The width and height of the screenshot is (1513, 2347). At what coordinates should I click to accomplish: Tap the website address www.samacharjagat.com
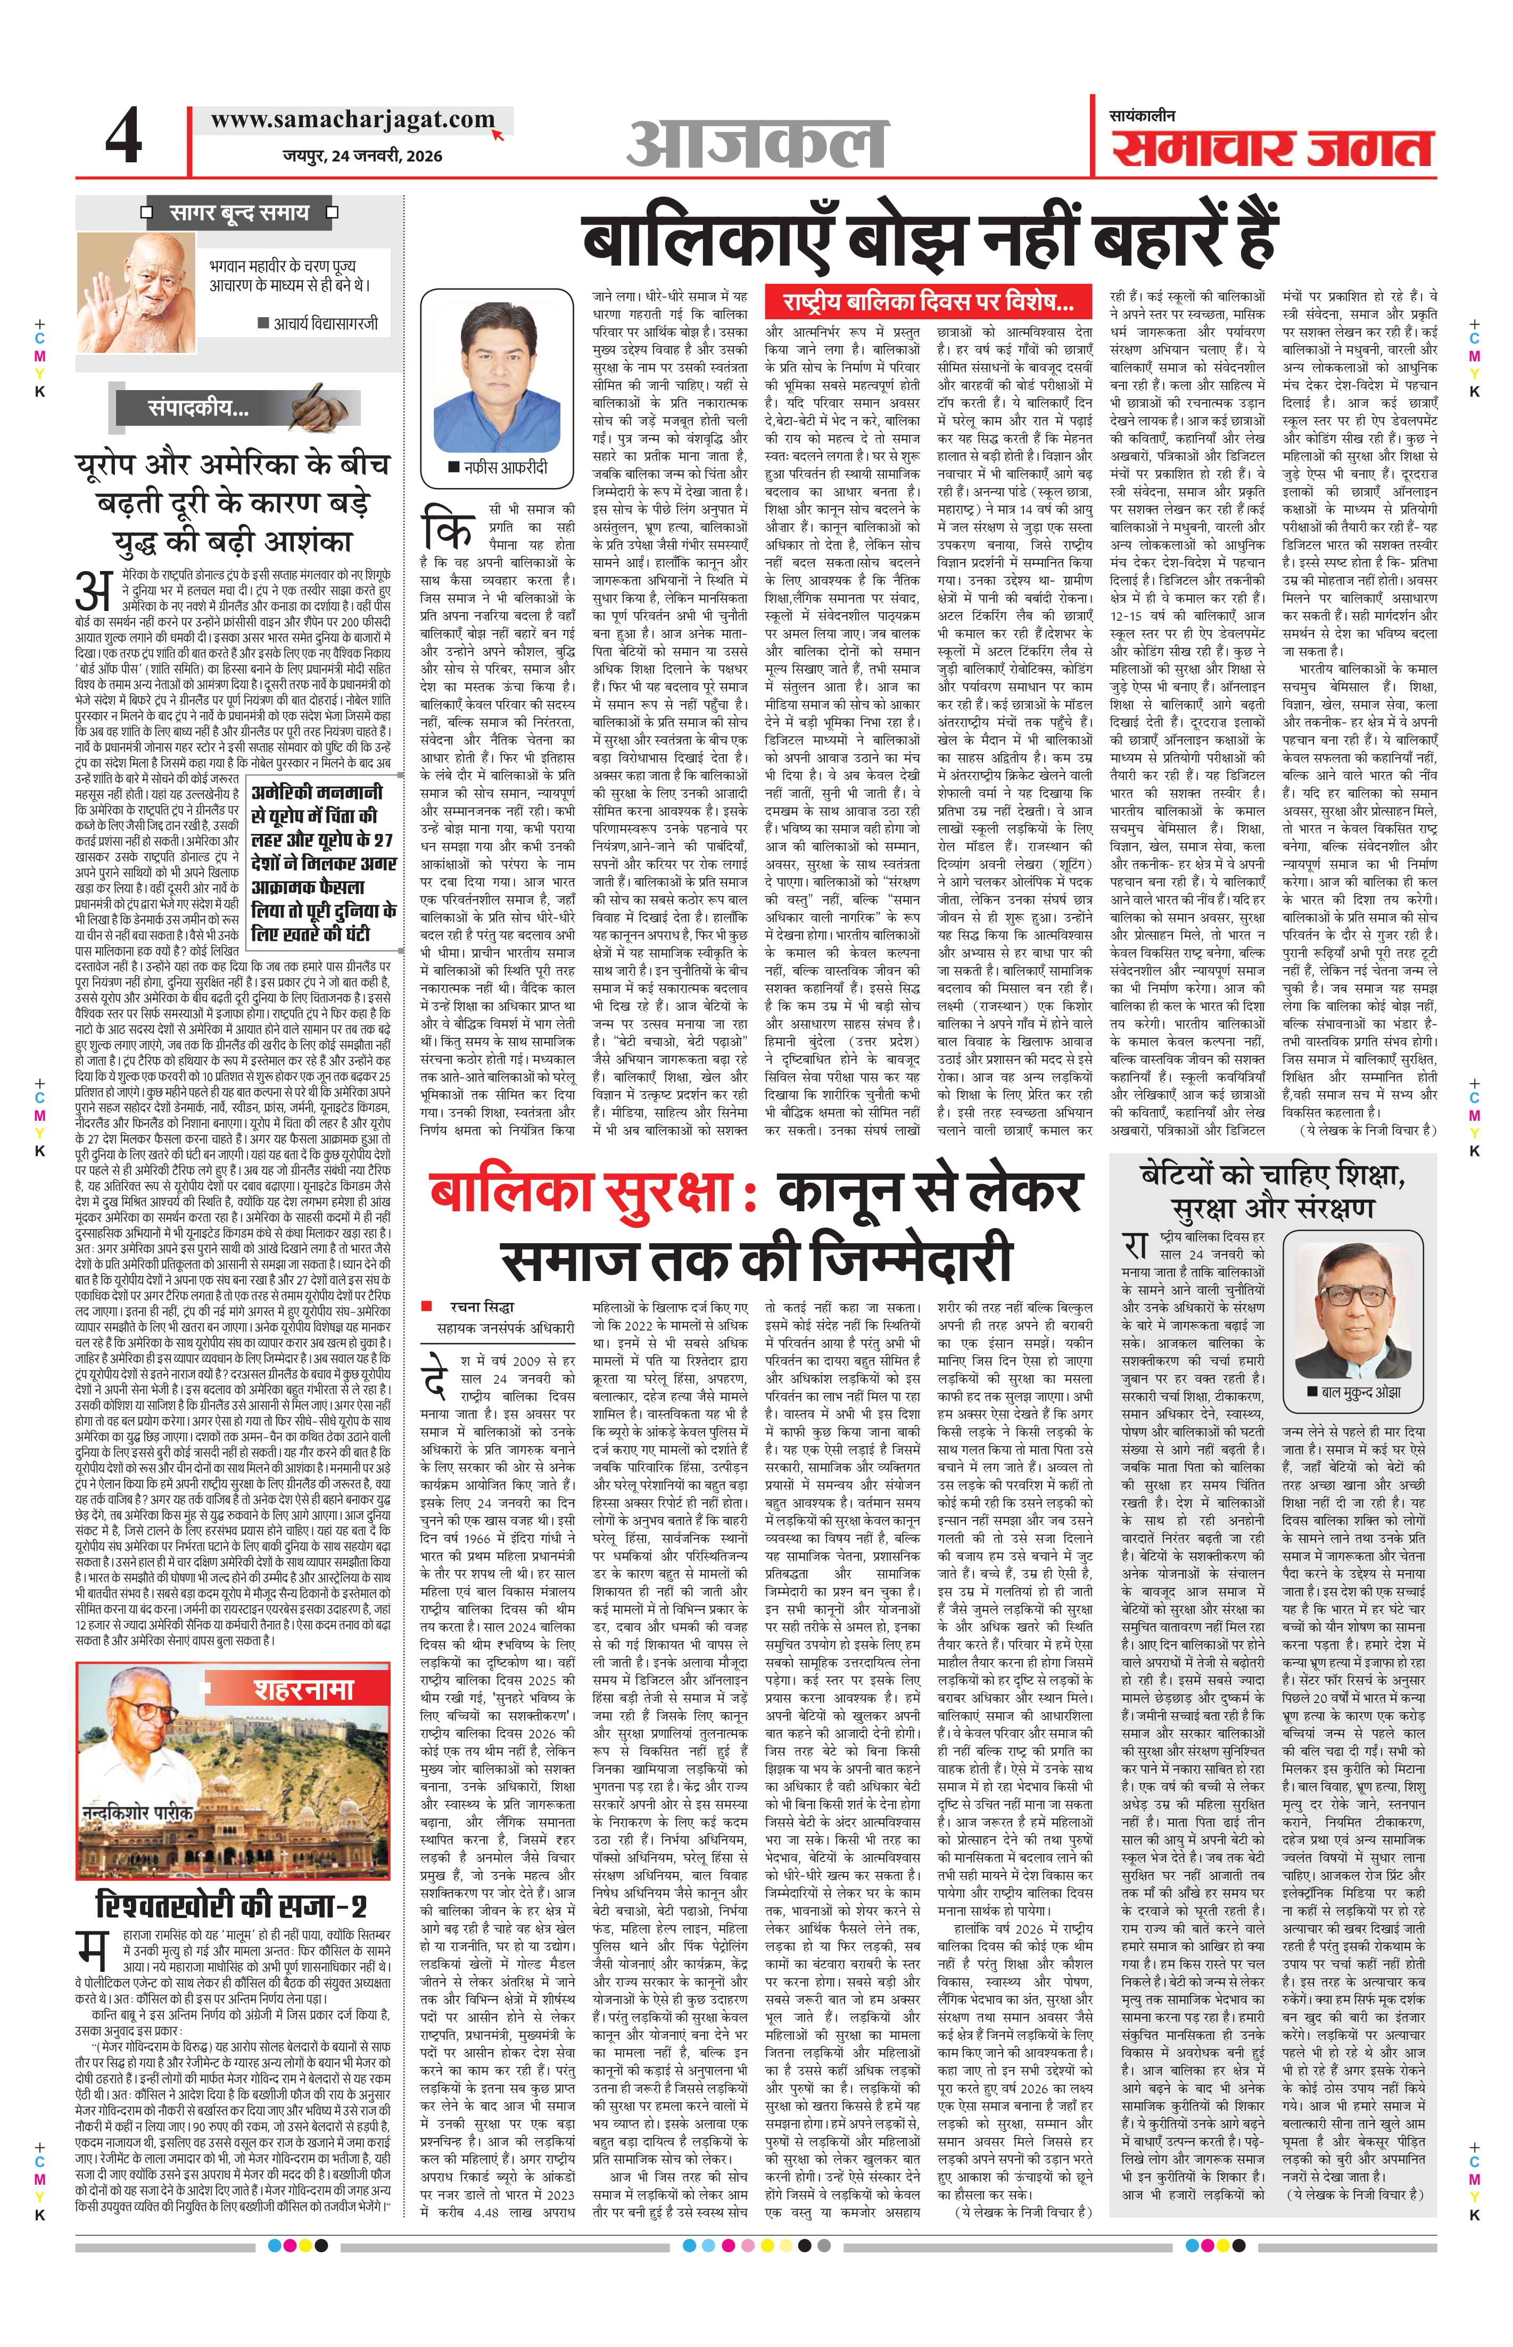352,120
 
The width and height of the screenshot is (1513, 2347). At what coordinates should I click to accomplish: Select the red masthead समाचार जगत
1272,150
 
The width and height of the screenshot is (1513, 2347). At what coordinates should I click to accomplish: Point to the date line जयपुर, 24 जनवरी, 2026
361,155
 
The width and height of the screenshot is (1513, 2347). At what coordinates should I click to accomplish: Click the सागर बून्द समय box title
239,212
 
